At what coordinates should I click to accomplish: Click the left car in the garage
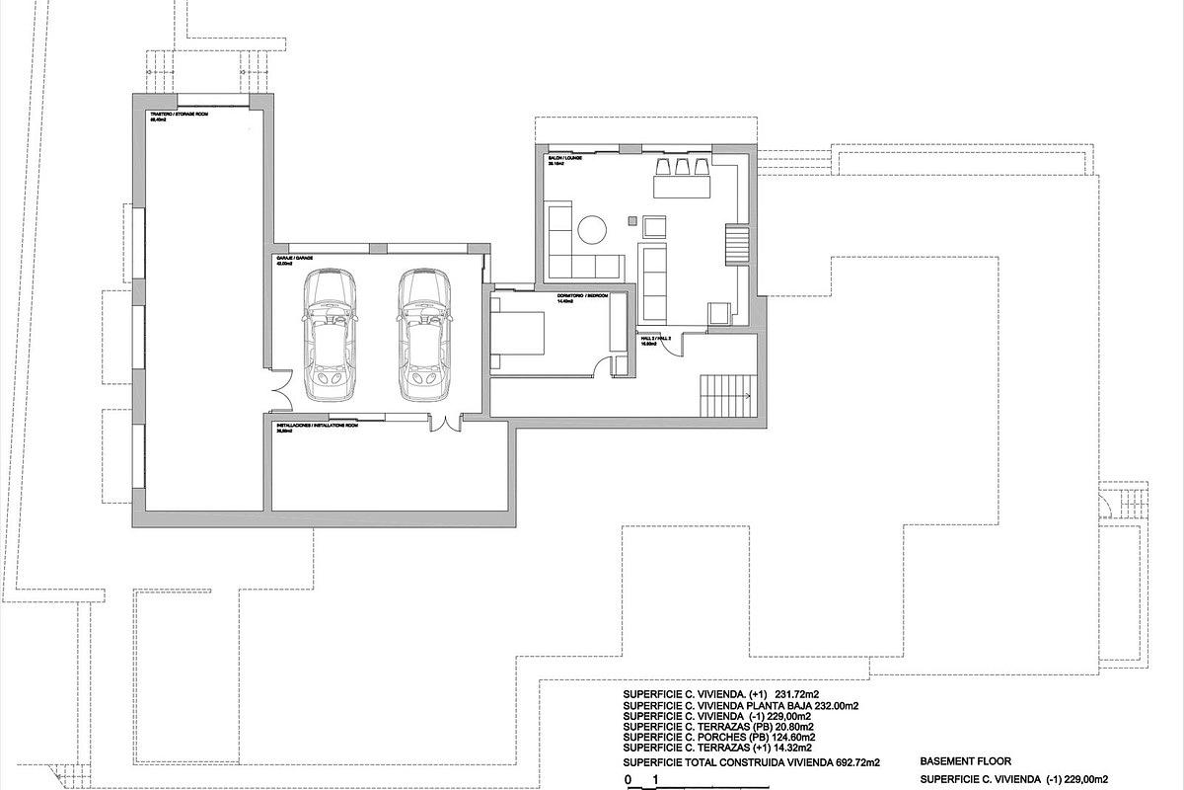(x=332, y=336)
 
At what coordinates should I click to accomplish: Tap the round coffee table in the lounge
(x=593, y=229)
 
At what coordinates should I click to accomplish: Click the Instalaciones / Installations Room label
(x=315, y=425)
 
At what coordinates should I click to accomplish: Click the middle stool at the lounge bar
(x=681, y=164)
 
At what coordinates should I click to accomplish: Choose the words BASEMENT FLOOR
(x=963, y=761)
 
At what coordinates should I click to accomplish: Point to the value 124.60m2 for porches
(x=787, y=737)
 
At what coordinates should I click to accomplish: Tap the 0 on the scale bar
(x=628, y=780)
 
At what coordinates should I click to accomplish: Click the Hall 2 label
(x=656, y=338)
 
